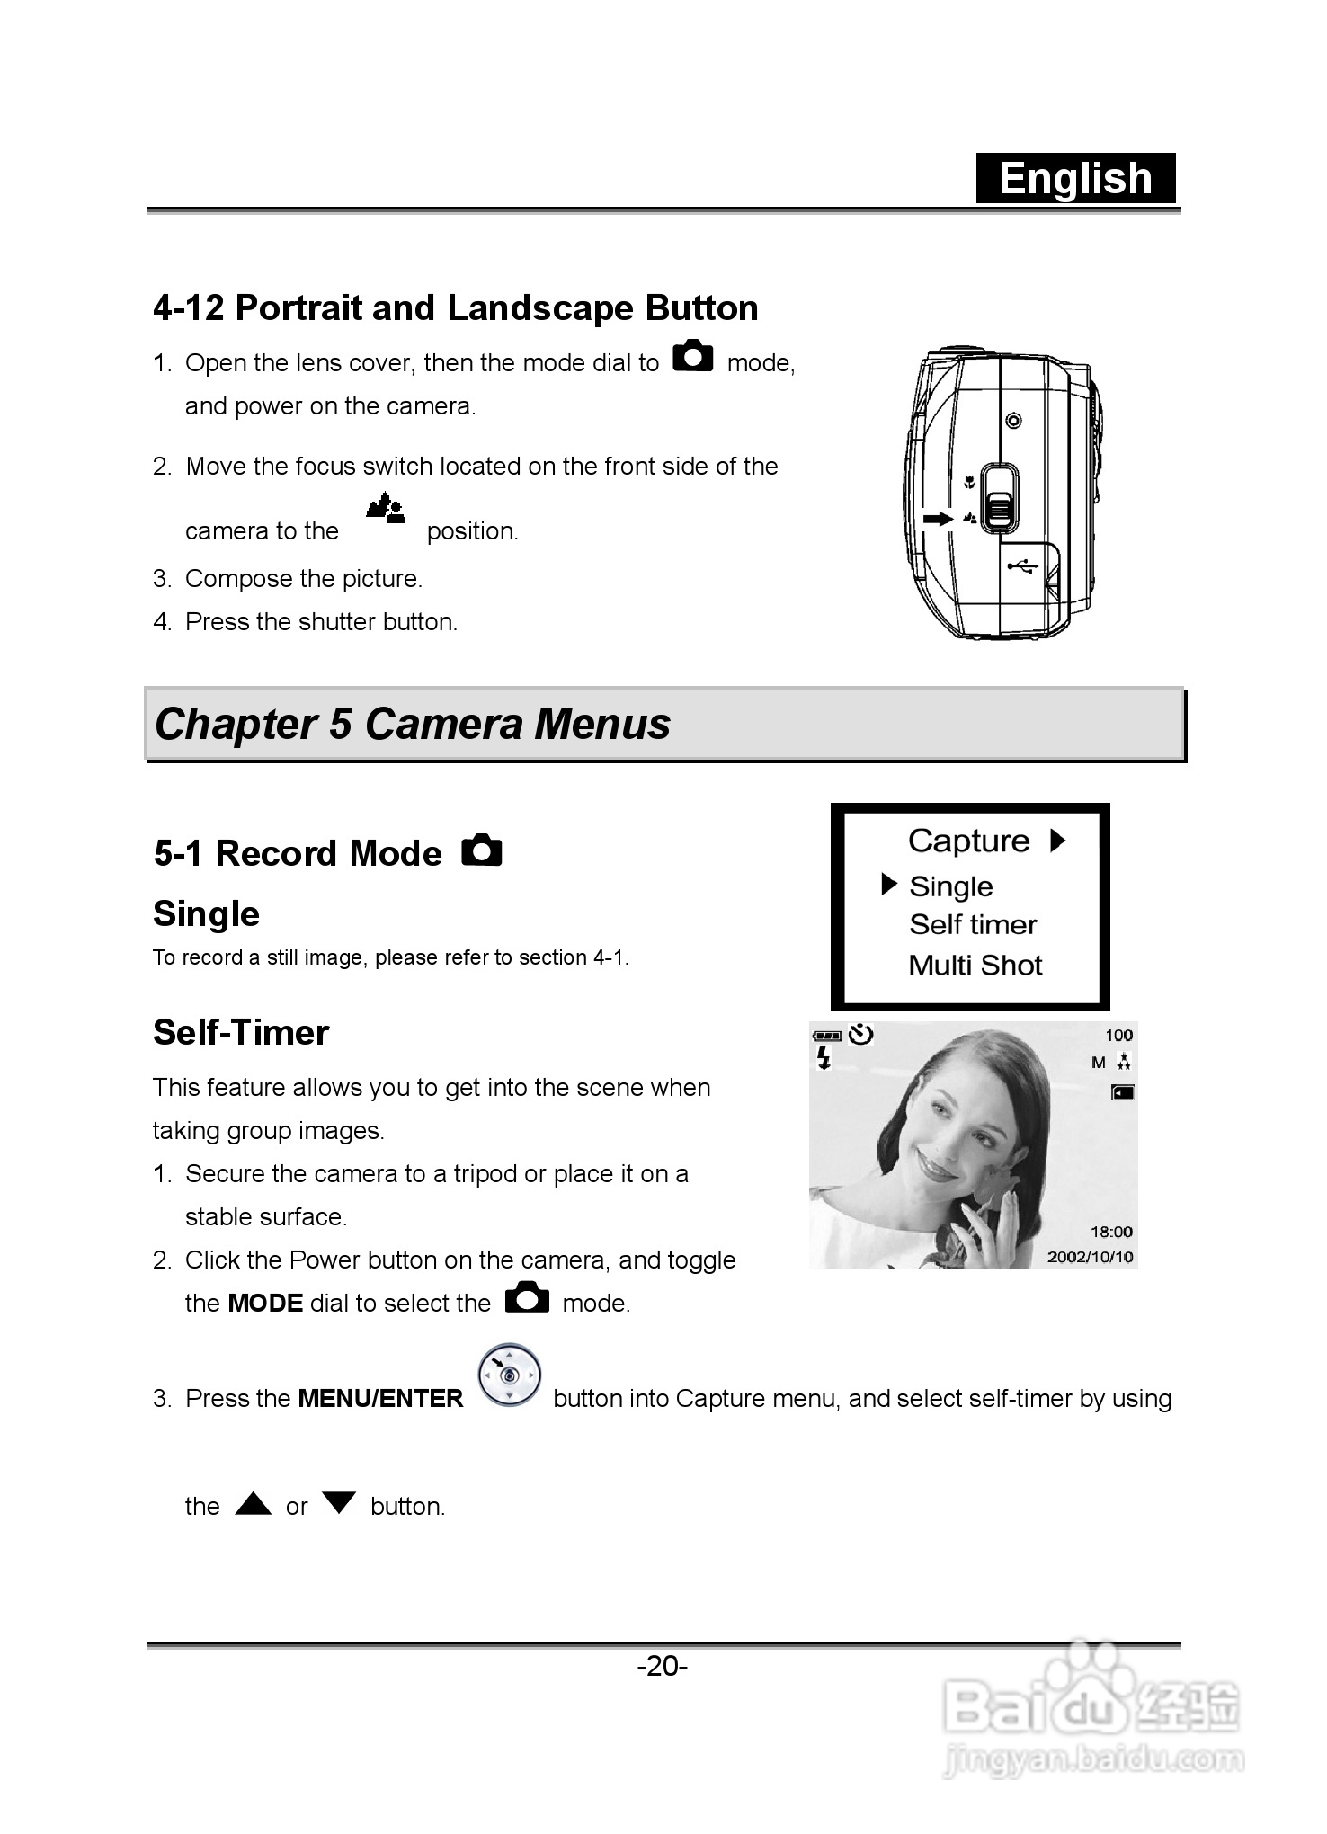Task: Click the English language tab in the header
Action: click(x=1075, y=178)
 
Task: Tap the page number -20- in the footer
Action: click(x=663, y=1666)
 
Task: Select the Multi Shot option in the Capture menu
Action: click(x=975, y=965)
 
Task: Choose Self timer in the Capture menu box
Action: click(x=973, y=924)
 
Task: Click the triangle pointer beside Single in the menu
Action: click(x=888, y=885)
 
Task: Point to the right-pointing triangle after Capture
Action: click(x=1058, y=841)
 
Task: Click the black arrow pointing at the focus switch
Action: click(x=938, y=519)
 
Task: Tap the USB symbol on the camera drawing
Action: click(x=1022, y=565)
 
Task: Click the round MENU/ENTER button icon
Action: click(x=509, y=1375)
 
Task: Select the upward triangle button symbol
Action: click(x=254, y=1503)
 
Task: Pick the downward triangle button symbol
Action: click(x=339, y=1503)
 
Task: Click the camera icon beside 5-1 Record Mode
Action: click(x=482, y=850)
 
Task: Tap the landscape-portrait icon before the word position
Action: click(x=385, y=509)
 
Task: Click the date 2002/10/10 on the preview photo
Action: click(x=1090, y=1257)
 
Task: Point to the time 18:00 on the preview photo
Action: click(x=1111, y=1232)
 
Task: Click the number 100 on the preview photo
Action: click(x=1118, y=1036)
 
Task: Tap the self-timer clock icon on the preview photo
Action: click(x=860, y=1035)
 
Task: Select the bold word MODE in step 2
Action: click(x=265, y=1304)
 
